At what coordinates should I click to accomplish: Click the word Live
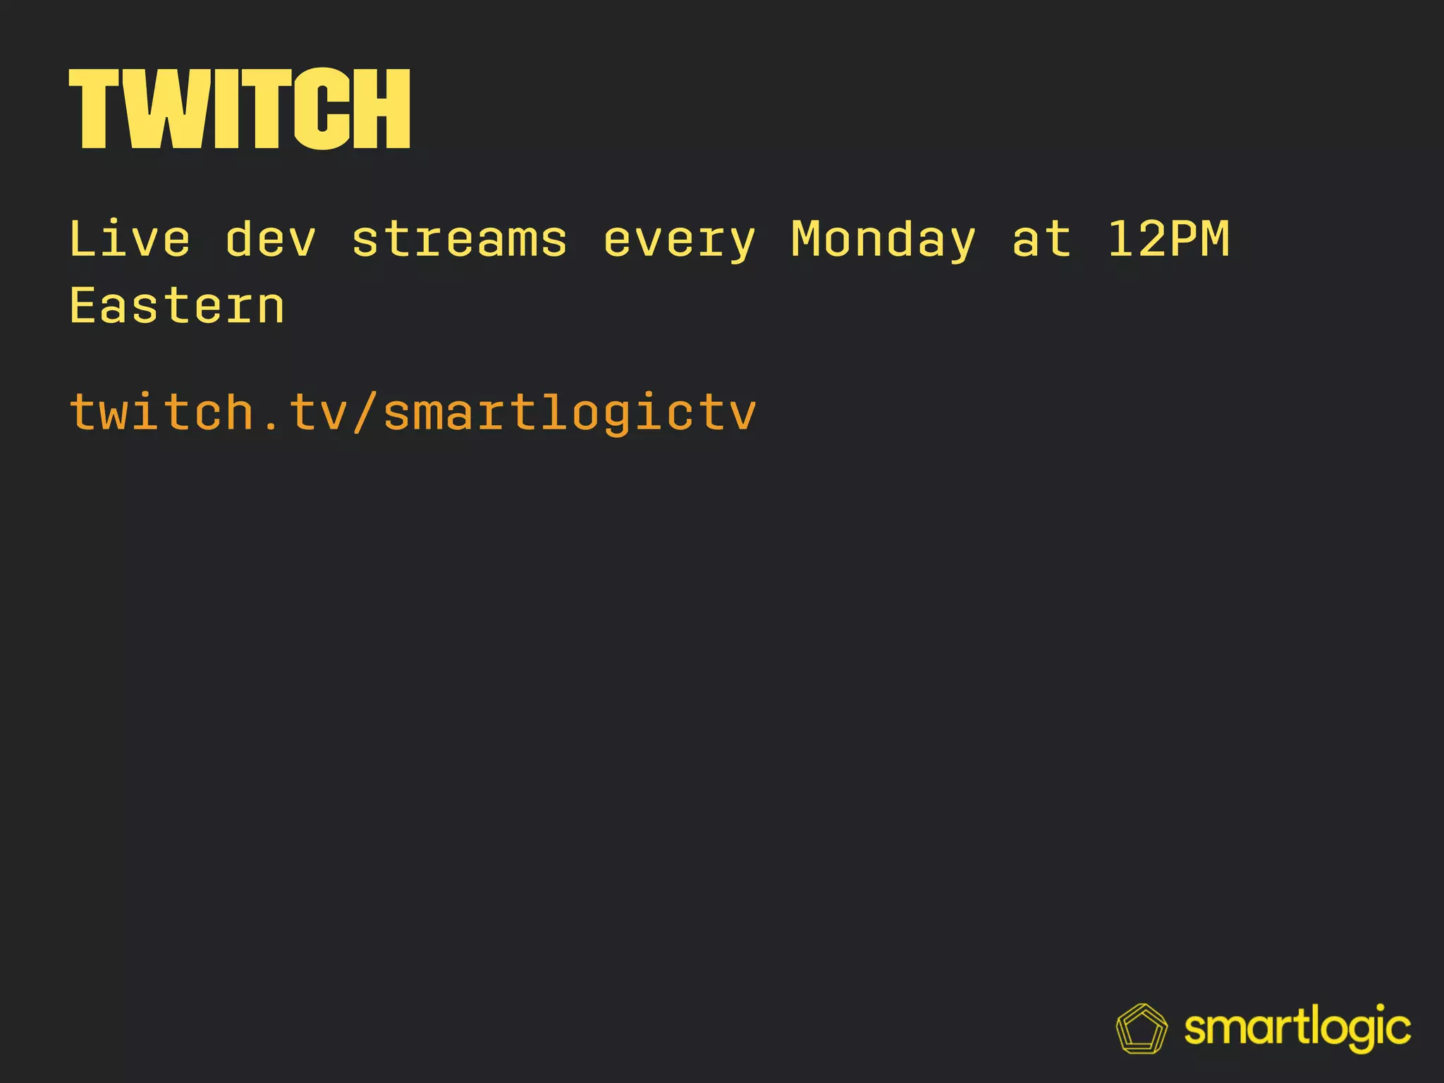point(130,239)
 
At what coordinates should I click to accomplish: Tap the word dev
point(271,239)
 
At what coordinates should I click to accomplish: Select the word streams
point(459,239)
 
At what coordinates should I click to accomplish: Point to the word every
point(680,240)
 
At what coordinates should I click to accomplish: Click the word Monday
point(883,240)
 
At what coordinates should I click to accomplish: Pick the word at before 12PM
point(1041,239)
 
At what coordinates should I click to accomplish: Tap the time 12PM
point(1168,239)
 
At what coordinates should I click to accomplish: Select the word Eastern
point(177,306)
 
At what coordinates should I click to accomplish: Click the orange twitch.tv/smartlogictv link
point(413,412)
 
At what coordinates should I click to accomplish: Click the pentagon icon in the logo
point(1142,1029)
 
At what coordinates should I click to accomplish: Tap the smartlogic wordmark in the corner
point(1297,1029)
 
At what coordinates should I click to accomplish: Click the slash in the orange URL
point(366,412)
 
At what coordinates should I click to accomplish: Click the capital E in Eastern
point(82,306)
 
